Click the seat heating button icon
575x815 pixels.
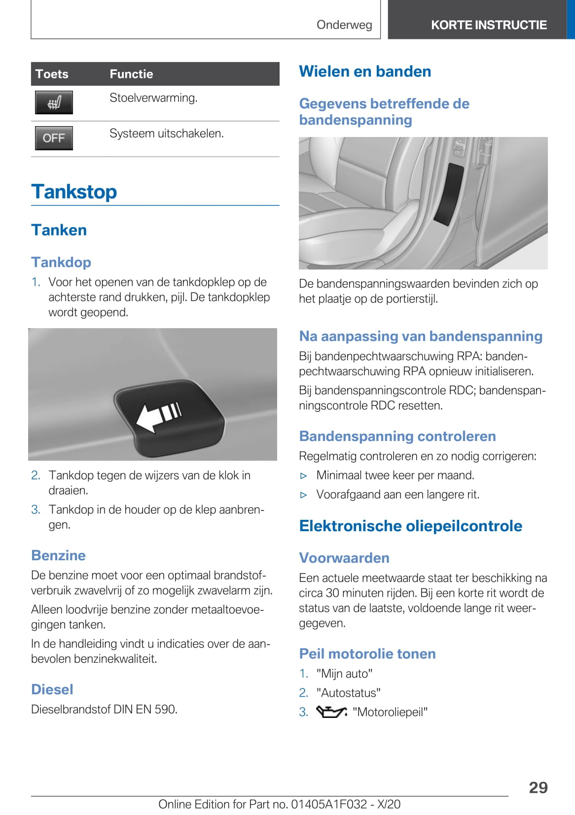pos(54,102)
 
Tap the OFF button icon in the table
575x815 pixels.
pos(54,138)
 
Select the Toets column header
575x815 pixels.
pos(52,74)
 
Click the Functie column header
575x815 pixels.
pos(131,74)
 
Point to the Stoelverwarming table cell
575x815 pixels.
pos(153,98)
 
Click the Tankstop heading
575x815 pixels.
pos(74,192)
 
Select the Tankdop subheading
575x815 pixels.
pos(61,262)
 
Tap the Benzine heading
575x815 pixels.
pos(58,555)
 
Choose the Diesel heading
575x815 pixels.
pos(52,689)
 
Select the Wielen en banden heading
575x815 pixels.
pos(365,71)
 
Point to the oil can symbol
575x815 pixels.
pos(331,712)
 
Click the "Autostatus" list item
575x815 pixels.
pos(348,693)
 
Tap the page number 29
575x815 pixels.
pos(538,787)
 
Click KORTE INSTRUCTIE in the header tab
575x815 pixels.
pos(489,25)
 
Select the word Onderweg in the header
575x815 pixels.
pos(344,25)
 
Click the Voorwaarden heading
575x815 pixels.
pos(344,558)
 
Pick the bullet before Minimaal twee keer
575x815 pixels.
pos(304,476)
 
